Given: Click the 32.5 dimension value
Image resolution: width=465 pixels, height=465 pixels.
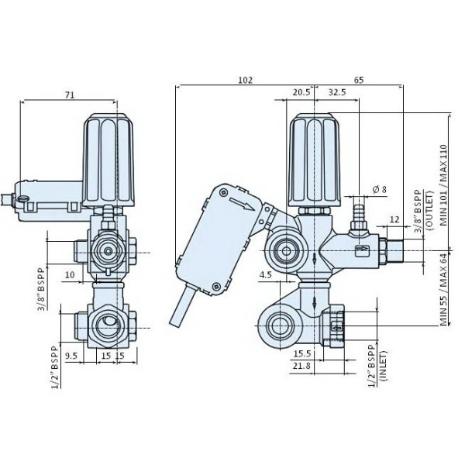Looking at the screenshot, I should point(338,92).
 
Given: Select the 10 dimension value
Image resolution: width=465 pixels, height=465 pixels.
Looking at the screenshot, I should point(69,274).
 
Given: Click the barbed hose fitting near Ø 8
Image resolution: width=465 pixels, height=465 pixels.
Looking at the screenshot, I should point(358,214).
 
